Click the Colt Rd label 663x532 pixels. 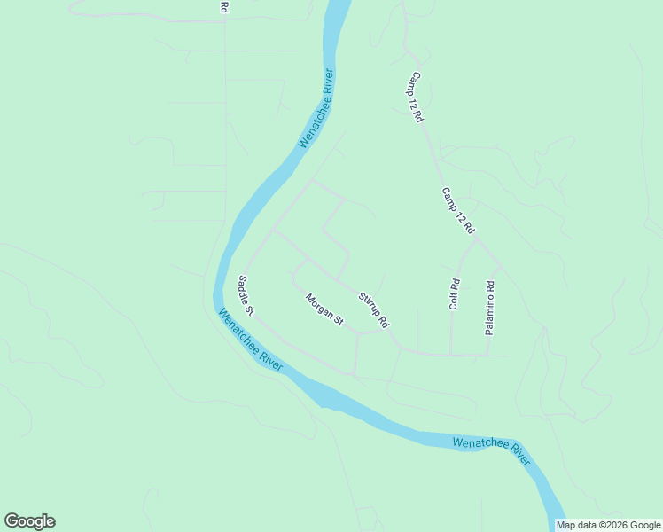click(x=455, y=294)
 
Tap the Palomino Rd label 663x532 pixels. click(x=489, y=308)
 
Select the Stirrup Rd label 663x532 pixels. click(x=374, y=309)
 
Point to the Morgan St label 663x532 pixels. click(x=324, y=309)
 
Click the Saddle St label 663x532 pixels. click(x=246, y=295)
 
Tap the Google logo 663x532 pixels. click(x=29, y=521)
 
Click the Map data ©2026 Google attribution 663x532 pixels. click(x=609, y=525)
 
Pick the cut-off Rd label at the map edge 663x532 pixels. click(x=224, y=6)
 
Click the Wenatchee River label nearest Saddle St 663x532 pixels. click(x=250, y=340)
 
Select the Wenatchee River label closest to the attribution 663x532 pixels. click(x=491, y=450)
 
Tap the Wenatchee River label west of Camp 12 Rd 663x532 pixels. click(x=316, y=108)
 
